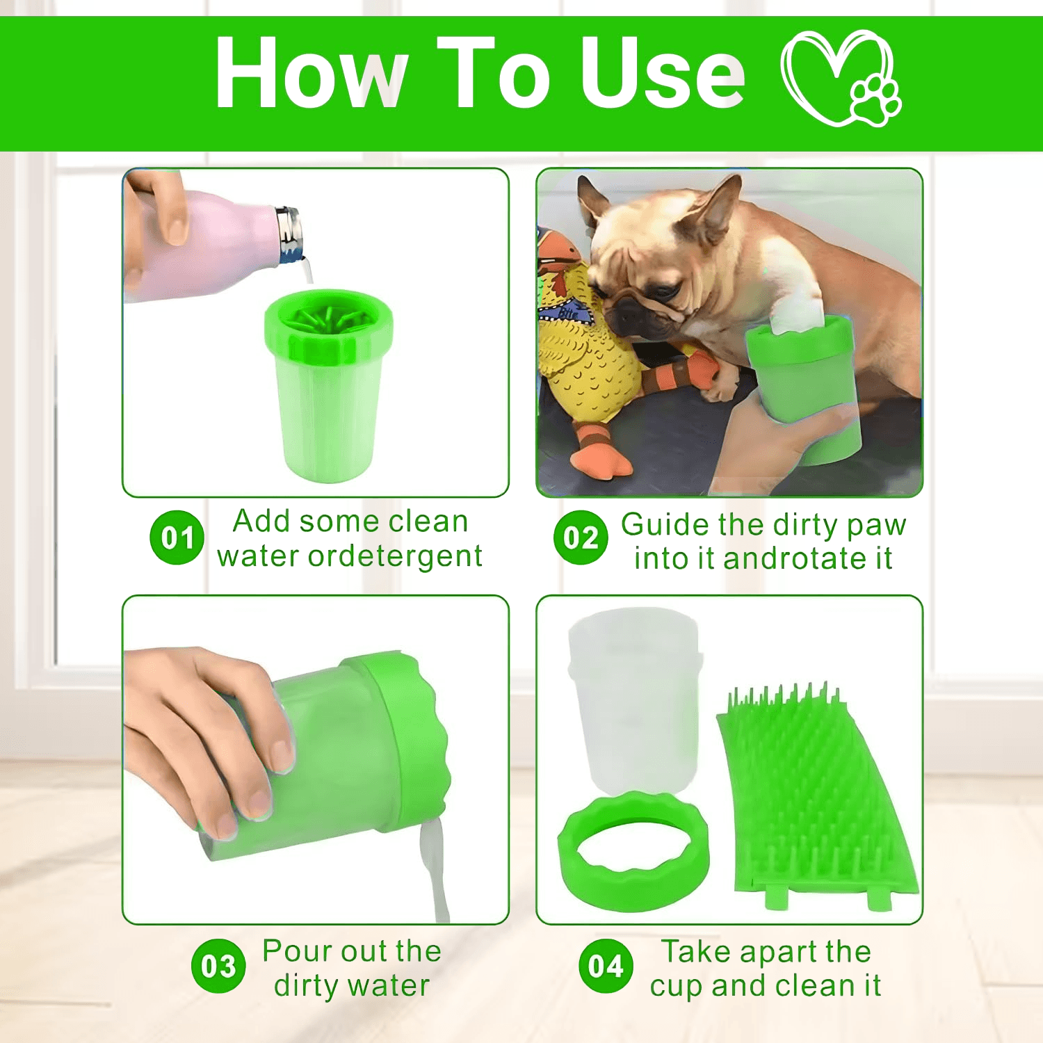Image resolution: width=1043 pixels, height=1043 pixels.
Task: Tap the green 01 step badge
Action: click(x=177, y=537)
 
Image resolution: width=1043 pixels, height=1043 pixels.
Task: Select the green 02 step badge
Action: click(x=581, y=537)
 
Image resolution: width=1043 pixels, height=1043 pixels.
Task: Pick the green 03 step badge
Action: click(x=218, y=967)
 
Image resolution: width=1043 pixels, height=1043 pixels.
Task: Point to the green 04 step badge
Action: click(x=605, y=967)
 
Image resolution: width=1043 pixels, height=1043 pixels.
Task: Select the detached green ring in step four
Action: click(x=633, y=852)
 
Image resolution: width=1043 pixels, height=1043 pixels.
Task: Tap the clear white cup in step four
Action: click(x=633, y=702)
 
